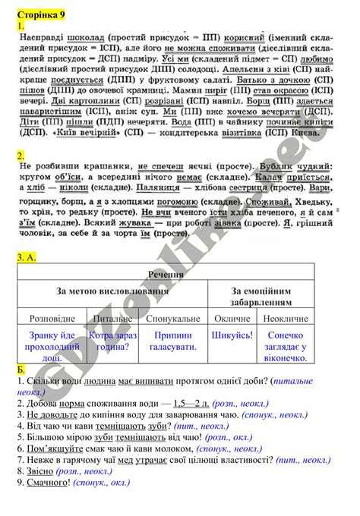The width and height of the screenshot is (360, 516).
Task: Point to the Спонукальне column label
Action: [x=175, y=320]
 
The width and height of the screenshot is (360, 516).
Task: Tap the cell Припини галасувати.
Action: [x=175, y=341]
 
